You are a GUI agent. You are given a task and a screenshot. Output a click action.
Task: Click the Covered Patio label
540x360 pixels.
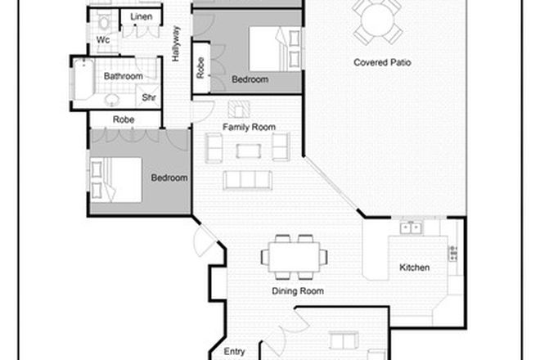[382, 62]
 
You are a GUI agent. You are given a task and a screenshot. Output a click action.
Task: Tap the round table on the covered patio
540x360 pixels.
[380, 20]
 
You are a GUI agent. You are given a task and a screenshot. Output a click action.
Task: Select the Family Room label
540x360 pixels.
[249, 127]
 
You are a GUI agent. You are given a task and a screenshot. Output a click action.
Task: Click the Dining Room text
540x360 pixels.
[298, 290]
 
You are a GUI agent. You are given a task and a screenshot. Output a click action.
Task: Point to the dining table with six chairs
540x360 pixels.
[295, 256]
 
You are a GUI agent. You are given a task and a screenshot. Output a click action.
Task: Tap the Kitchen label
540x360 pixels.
[414, 268]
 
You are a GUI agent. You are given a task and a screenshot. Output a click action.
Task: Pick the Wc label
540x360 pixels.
[103, 39]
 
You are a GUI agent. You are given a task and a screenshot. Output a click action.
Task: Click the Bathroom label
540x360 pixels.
[123, 76]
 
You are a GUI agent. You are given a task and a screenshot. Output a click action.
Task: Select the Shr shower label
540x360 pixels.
[150, 97]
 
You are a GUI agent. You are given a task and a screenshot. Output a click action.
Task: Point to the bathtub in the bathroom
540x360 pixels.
[85, 82]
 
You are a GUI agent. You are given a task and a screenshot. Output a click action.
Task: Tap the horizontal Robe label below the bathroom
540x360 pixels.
[124, 119]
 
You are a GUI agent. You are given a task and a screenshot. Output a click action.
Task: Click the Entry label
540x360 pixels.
[234, 352]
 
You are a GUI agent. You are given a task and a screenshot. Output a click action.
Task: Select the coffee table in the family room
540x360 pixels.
[248, 151]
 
